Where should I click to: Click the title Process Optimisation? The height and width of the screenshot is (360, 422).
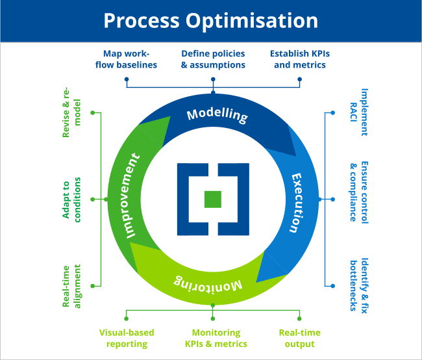211,20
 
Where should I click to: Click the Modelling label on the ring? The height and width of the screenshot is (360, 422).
217,115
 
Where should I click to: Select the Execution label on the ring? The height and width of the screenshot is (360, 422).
295,203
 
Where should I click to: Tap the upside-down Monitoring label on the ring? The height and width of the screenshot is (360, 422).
208,282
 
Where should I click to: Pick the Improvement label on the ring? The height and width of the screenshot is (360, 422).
132,196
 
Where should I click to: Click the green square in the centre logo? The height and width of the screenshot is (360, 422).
212,199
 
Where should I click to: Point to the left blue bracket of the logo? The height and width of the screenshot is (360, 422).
189,199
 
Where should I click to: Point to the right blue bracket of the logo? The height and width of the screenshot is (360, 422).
235,199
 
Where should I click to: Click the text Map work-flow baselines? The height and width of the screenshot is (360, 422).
130,58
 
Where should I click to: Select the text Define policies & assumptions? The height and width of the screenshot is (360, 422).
212,58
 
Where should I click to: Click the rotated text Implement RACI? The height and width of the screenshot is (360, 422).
359,112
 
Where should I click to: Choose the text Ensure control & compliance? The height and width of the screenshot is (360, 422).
359,191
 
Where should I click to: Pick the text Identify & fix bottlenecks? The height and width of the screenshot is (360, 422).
359,283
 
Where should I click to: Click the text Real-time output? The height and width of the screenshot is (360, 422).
299,338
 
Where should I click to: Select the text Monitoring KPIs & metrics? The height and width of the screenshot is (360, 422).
216,338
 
